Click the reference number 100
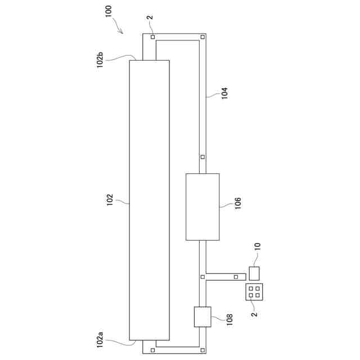pyautogui.click(x=109, y=11)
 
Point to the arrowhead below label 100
pyautogui.click(x=121, y=31)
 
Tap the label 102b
pyautogui.click(x=100, y=60)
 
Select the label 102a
pyautogui.click(x=100, y=340)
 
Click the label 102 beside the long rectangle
pyautogui.click(x=110, y=200)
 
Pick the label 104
pyautogui.click(x=224, y=93)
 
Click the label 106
pyautogui.click(x=238, y=203)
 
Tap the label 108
pyautogui.click(x=229, y=319)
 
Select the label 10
pyautogui.click(x=258, y=246)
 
